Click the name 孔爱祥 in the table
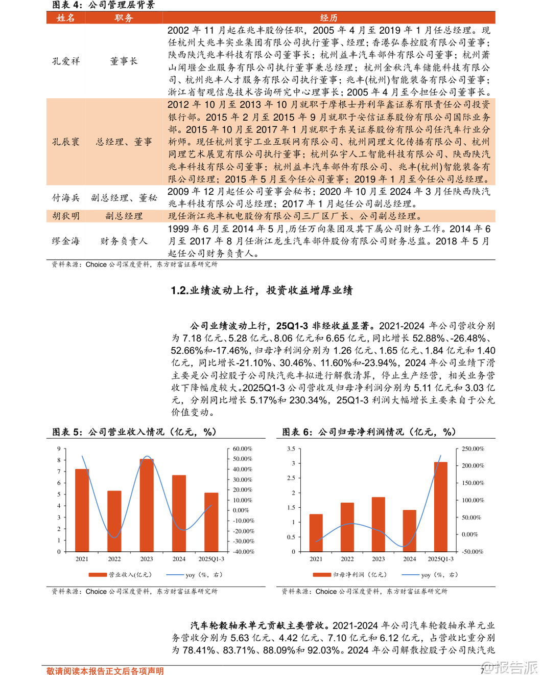66,61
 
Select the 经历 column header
328,18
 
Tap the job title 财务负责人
124,241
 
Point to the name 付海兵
66,197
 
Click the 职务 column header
124,18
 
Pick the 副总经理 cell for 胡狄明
124,216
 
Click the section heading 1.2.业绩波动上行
262,290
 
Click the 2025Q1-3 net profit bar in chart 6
440,506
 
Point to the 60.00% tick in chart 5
242,449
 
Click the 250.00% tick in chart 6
473,449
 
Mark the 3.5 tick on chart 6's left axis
291,449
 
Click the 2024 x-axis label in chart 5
179,559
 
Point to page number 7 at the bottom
482,670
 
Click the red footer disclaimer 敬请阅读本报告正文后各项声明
105,671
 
